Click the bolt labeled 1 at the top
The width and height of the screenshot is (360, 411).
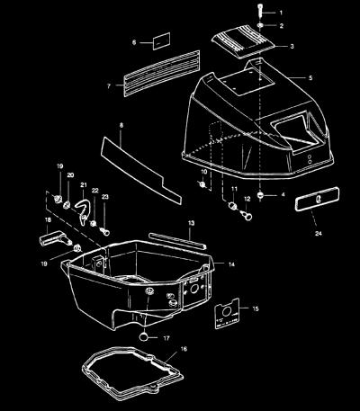click(260, 11)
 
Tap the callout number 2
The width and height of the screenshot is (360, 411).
click(281, 26)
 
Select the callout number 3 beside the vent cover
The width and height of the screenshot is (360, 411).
click(292, 47)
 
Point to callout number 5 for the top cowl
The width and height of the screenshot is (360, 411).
click(310, 78)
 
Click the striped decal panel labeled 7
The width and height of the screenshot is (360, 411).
click(162, 74)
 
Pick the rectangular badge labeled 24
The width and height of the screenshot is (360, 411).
click(318, 199)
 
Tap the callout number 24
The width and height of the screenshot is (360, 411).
click(319, 233)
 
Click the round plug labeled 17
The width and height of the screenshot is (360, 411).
click(144, 336)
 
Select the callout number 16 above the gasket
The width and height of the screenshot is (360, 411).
click(184, 349)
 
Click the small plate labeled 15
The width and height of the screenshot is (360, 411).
click(227, 314)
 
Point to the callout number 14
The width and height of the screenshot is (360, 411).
click(231, 264)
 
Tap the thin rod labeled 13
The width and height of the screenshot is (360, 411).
click(177, 240)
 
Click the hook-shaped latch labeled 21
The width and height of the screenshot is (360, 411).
click(83, 210)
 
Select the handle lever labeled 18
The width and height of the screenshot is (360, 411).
click(55, 239)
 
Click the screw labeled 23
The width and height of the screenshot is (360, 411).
click(104, 231)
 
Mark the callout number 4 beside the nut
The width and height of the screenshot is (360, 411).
click(283, 195)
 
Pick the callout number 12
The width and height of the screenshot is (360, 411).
click(247, 199)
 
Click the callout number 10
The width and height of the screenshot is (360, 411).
click(204, 172)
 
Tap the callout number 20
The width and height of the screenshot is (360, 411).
click(70, 175)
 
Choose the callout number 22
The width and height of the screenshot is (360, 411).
click(94, 191)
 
